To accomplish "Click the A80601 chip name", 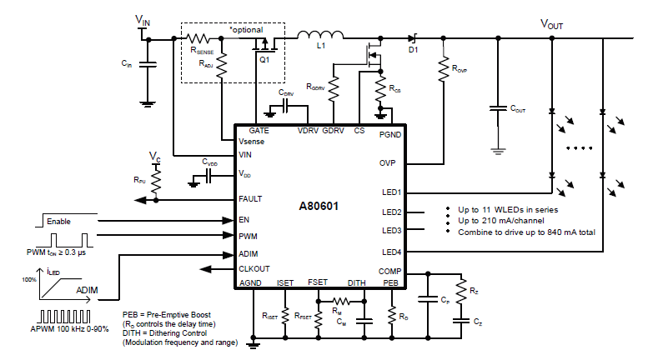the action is click(x=319, y=206).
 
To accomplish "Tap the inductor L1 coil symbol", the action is click(x=320, y=35).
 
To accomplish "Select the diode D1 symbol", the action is click(x=412, y=38).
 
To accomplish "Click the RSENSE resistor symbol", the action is click(x=198, y=39).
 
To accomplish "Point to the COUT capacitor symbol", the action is click(x=498, y=108).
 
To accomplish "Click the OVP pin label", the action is click(x=387, y=163).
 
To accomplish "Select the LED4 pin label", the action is click(x=391, y=252).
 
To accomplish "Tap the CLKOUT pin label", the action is click(x=254, y=269).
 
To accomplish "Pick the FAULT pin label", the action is click(x=250, y=199).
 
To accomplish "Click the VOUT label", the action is click(x=552, y=24).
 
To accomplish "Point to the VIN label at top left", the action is click(x=143, y=20).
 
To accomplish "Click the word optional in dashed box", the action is click(x=248, y=30).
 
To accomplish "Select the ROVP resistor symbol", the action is click(x=444, y=69).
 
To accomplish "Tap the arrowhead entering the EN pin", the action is click(x=228, y=221).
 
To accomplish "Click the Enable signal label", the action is click(x=58, y=222).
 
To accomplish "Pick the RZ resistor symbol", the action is click(x=461, y=292).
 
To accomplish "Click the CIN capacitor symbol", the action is click(x=148, y=64).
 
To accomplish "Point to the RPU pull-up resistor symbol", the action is click(x=156, y=181).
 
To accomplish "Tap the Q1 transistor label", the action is click(x=264, y=60).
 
